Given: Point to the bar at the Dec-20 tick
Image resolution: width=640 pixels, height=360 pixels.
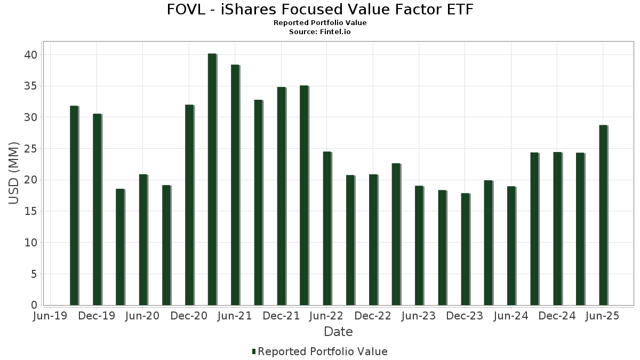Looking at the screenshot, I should pyautogui.click(x=189, y=205).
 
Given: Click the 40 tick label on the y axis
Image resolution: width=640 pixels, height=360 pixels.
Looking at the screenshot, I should pyautogui.click(x=30, y=55).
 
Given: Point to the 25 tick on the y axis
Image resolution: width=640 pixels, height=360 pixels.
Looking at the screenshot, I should pyautogui.click(x=30, y=149).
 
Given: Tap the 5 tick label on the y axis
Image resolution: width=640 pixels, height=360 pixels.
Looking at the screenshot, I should pyautogui.click(x=34, y=274).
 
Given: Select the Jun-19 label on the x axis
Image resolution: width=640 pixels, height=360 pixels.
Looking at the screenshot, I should pyautogui.click(x=50, y=316).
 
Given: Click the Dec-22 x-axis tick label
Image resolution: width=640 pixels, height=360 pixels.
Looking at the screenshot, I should pyautogui.click(x=373, y=316).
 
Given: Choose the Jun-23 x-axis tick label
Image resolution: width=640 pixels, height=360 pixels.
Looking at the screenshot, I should pyautogui.click(x=419, y=316).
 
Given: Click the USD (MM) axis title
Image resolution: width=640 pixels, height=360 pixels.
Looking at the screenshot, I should pyautogui.click(x=14, y=173).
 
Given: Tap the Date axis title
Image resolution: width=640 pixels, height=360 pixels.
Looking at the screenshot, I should pyautogui.click(x=338, y=332).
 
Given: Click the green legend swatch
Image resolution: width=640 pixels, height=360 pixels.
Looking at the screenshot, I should pyautogui.click(x=254, y=351).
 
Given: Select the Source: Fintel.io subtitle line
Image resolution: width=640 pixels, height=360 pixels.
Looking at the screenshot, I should pyautogui.click(x=320, y=32).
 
